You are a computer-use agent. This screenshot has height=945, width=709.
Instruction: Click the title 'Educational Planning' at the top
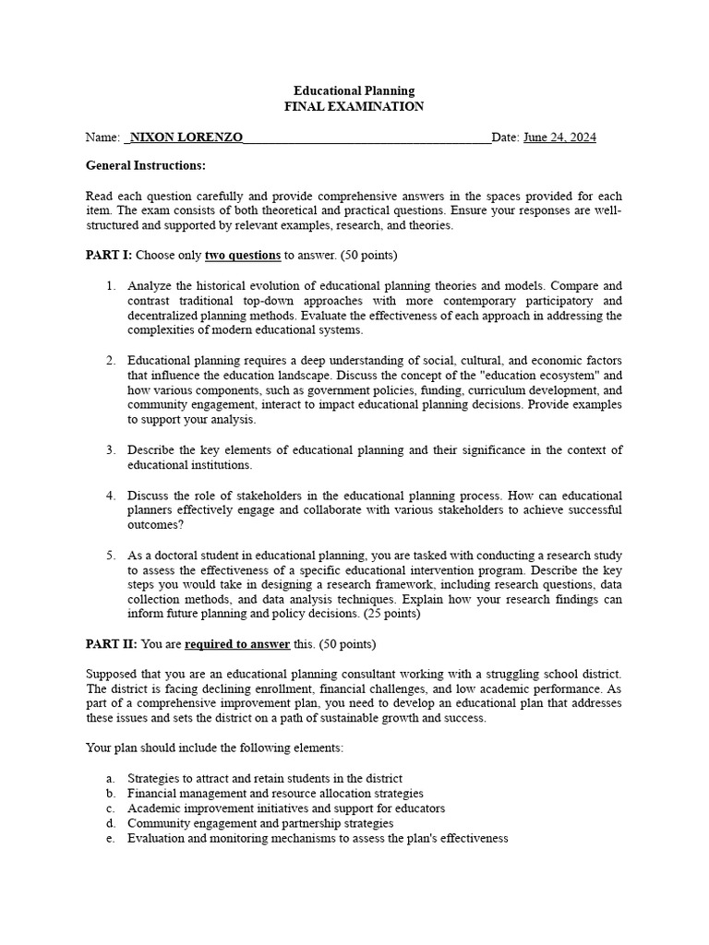click(x=354, y=90)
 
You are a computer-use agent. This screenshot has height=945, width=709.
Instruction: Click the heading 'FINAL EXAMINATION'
click(x=354, y=106)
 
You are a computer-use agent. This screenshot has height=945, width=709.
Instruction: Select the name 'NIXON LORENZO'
click(x=186, y=138)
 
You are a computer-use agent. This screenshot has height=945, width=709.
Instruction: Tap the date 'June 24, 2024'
click(x=559, y=138)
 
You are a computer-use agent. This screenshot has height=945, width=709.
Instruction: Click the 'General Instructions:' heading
click(x=146, y=165)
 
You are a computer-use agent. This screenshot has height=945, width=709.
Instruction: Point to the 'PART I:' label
click(x=109, y=255)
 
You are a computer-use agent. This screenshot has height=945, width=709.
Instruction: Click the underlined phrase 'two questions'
click(x=242, y=255)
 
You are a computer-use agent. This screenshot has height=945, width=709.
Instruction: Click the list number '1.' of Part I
click(x=110, y=285)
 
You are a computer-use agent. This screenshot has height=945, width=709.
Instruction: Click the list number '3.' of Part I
click(x=110, y=449)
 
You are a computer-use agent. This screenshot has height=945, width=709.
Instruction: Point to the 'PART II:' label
click(x=111, y=643)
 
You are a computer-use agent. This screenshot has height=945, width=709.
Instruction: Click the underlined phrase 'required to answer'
click(x=237, y=643)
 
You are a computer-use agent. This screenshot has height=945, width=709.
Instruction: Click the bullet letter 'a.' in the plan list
click(x=110, y=778)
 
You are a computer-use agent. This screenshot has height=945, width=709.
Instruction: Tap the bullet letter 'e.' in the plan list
click(x=110, y=838)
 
